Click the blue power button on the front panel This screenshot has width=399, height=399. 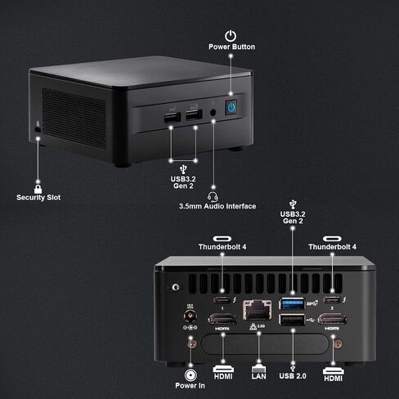(x=231, y=107)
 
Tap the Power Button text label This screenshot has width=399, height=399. (x=231, y=47)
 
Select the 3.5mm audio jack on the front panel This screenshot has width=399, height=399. (x=213, y=112)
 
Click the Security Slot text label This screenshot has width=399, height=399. (x=38, y=197)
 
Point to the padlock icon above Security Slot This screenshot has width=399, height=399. (x=38, y=189)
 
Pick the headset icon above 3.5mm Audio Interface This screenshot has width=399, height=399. (x=213, y=196)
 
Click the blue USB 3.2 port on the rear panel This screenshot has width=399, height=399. (x=292, y=303)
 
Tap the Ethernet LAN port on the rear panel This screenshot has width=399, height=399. (x=257, y=310)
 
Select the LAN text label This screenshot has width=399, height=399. (x=258, y=376)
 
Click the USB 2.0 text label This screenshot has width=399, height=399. (x=293, y=376)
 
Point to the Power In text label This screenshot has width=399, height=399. (x=190, y=386)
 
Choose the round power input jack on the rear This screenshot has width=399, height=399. (x=191, y=316)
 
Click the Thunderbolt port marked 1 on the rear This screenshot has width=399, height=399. (x=222, y=300)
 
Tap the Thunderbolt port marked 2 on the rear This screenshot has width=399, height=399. (x=332, y=300)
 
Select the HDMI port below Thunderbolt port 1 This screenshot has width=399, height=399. (x=222, y=319)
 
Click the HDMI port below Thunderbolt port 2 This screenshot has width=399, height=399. (x=332, y=319)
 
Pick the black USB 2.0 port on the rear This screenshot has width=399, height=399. (x=292, y=320)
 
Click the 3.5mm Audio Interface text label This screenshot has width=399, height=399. (x=217, y=206)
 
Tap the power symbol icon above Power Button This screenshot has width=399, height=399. (x=231, y=36)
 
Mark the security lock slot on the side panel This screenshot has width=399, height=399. (x=38, y=130)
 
